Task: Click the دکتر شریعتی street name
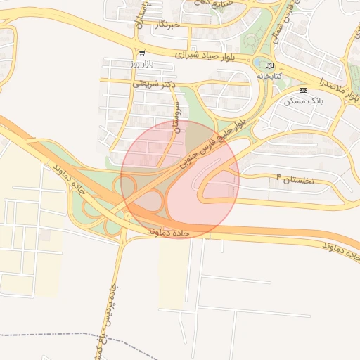point(154,84)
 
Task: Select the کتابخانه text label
point(269,75)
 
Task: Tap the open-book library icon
point(269,65)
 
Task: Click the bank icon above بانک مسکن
point(303,90)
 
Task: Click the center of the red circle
point(180,179)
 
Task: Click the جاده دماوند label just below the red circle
point(169,231)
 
